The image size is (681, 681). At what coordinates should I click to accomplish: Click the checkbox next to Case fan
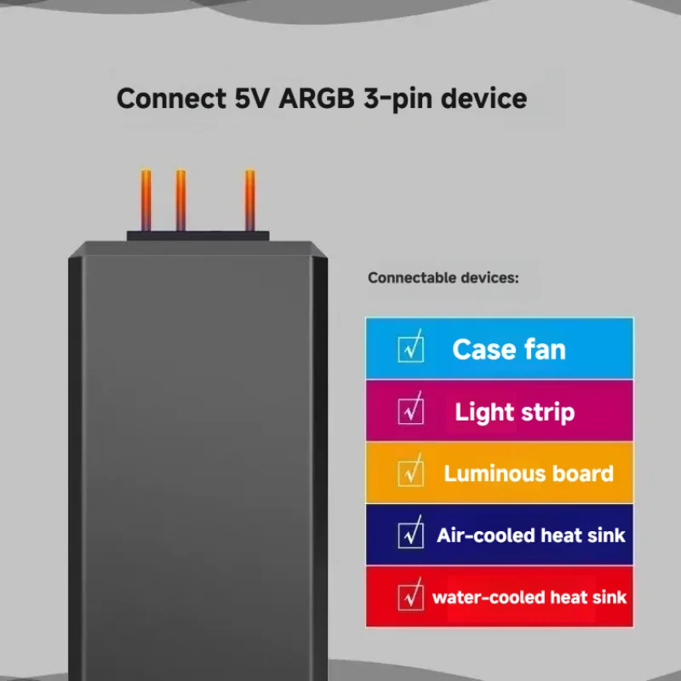tap(411, 348)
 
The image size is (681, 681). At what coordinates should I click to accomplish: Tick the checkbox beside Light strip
tap(411, 410)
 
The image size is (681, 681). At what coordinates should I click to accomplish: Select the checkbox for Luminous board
tap(411, 472)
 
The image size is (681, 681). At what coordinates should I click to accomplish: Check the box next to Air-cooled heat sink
tap(411, 535)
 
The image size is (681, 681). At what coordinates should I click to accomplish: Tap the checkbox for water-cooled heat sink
tap(411, 596)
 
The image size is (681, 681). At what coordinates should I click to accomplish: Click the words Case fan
tap(508, 349)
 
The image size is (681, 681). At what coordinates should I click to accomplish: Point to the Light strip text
tap(514, 412)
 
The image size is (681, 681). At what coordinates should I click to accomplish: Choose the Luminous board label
tap(528, 473)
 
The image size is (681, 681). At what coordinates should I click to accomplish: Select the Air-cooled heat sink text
tap(530, 535)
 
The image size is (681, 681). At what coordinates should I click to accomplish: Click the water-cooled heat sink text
tap(529, 597)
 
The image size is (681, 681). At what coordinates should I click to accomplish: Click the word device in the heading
tap(485, 98)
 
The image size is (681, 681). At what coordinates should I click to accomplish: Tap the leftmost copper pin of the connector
tap(146, 200)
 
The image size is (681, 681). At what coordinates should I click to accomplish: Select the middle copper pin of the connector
tap(180, 200)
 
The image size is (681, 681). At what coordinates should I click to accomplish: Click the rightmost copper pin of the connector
tap(250, 200)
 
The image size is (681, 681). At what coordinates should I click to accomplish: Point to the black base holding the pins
tap(198, 236)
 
